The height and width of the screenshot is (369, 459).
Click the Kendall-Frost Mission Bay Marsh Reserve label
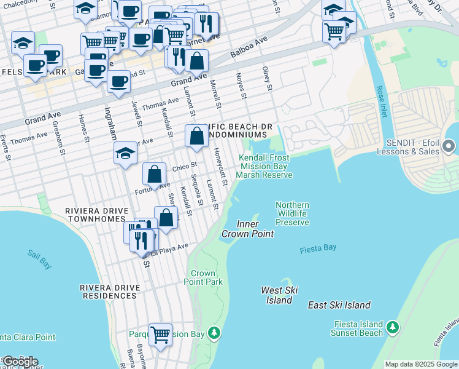(x=264, y=166)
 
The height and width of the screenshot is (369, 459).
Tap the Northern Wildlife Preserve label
(x=292, y=213)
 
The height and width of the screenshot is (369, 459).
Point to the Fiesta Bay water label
(x=318, y=249)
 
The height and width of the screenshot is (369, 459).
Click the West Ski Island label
(x=279, y=295)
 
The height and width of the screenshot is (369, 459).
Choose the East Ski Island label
(x=339, y=305)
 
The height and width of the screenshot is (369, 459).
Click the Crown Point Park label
(x=203, y=277)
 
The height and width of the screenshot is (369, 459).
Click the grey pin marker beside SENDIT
(x=449, y=146)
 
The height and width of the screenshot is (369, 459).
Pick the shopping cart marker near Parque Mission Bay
(x=161, y=335)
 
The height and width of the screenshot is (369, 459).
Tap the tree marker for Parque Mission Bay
(x=214, y=333)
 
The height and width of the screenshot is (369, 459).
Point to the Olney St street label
(x=267, y=78)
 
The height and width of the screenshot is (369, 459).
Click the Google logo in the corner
(x=20, y=362)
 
